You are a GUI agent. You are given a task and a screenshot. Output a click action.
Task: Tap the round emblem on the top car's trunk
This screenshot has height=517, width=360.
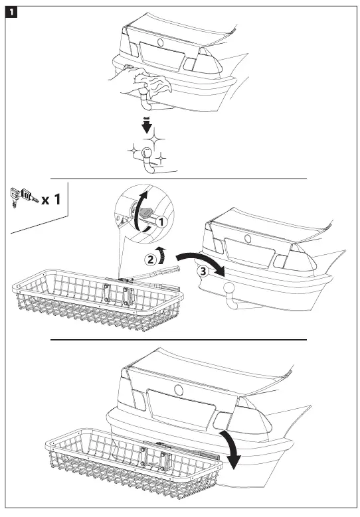point(159,42)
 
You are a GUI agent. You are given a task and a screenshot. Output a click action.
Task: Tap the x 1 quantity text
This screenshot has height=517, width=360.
point(54,198)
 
